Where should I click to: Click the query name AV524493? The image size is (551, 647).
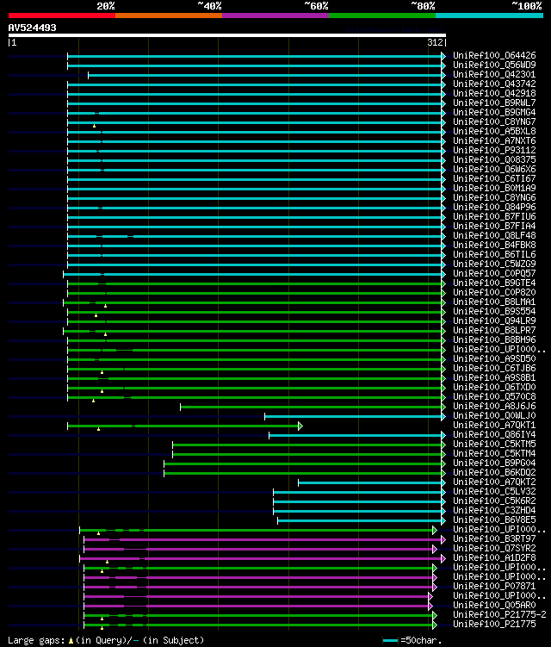[32, 28]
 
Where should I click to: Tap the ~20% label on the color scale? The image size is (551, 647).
[105, 6]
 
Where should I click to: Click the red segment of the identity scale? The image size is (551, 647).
[61, 16]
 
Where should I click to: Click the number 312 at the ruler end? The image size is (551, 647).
[435, 41]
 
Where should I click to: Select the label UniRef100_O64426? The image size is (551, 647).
[493, 56]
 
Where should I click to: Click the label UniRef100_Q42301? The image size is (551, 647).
[493, 75]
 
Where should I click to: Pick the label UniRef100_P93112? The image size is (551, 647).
[493, 151]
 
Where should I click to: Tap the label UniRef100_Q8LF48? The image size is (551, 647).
[493, 236]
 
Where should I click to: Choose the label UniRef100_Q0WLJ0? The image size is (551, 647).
[493, 416]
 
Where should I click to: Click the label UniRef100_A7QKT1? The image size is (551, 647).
[493, 426]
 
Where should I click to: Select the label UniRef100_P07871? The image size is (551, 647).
[493, 587]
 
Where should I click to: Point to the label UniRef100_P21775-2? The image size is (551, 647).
[499, 615]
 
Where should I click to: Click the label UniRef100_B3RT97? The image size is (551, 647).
[493, 539]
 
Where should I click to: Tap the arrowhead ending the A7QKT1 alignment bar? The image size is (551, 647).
[300, 426]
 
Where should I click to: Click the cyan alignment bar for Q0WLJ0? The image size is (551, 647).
[353, 416]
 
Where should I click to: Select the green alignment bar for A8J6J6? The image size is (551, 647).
[310, 407]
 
